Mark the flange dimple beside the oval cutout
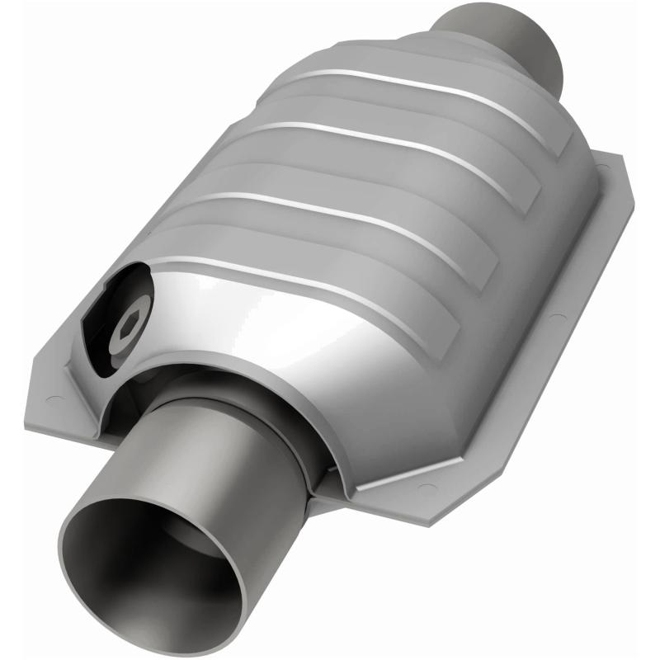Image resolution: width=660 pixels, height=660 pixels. (x=56, y=399)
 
